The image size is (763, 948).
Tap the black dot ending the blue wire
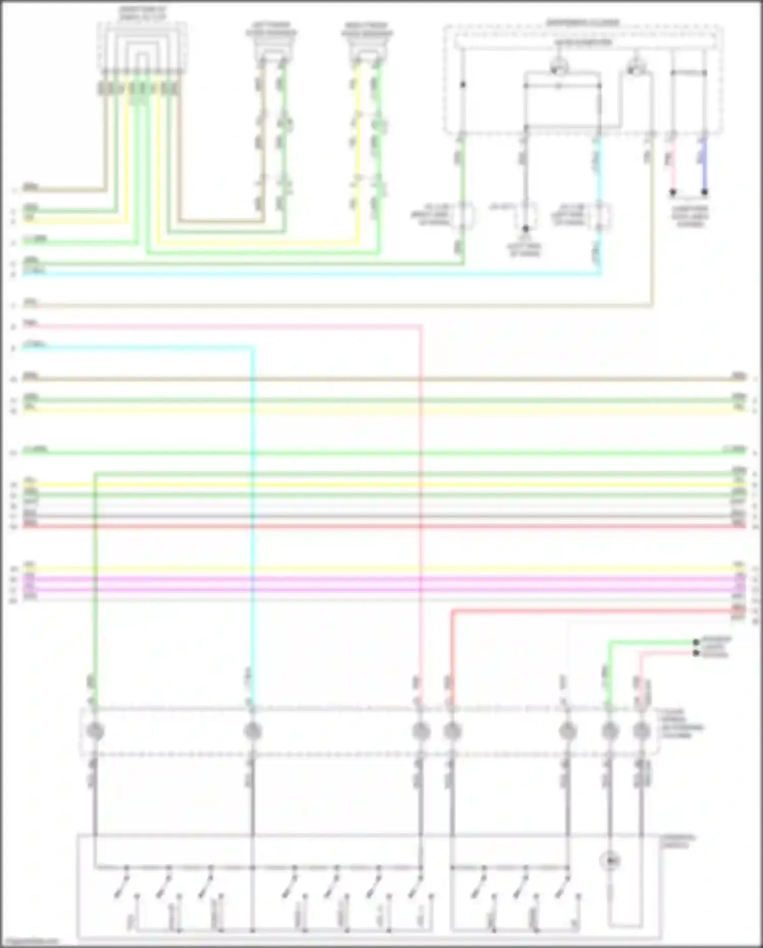[x=704, y=192]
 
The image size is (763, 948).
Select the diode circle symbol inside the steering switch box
[x=610, y=861]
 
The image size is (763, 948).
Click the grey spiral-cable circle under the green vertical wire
[x=95, y=732]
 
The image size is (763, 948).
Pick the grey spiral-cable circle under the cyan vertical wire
[x=252, y=732]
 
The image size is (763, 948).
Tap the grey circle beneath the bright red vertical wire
[x=452, y=732]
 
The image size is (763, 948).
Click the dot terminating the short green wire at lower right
[x=696, y=642]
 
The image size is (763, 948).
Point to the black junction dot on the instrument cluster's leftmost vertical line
[x=463, y=85]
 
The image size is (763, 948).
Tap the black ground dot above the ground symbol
[x=525, y=229]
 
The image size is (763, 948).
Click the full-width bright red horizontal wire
[x=382, y=526]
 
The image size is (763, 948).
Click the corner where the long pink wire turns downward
[x=420, y=326]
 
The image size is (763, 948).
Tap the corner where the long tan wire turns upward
[x=652, y=306]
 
